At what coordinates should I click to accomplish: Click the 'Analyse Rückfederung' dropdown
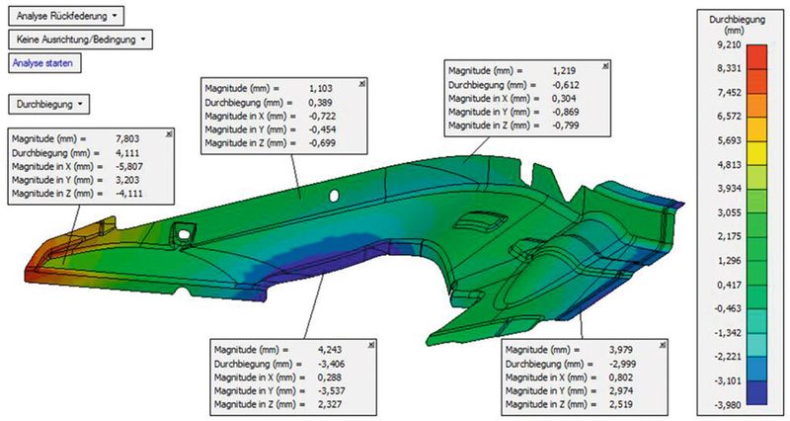[x=66, y=16]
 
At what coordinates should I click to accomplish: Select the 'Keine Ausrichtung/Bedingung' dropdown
[x=81, y=40]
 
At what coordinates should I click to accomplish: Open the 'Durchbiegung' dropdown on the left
[x=48, y=105]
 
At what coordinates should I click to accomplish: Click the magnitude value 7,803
[x=127, y=138]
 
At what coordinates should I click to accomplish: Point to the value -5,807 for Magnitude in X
[x=128, y=166]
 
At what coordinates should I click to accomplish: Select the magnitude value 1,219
[x=564, y=71]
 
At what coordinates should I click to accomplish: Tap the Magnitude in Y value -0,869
[x=565, y=112]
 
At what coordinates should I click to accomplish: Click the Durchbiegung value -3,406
[x=331, y=364]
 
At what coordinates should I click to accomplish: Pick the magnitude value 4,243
[x=330, y=350]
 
